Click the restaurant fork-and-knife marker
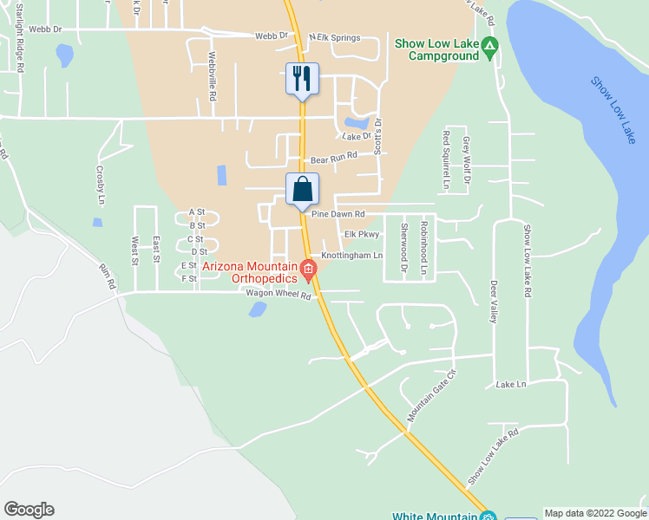pyautogui.click(x=302, y=79)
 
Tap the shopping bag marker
pyautogui.click(x=302, y=189)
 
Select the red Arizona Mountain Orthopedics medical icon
pyautogui.click(x=308, y=272)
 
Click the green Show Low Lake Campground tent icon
pyautogui.click(x=490, y=44)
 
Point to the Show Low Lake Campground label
pyautogui.click(x=436, y=49)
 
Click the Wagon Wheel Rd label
pyautogui.click(x=278, y=295)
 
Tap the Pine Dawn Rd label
pyautogui.click(x=338, y=214)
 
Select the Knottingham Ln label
pyautogui.click(x=351, y=256)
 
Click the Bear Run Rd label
pyautogui.click(x=334, y=158)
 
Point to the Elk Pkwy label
pyautogui.click(x=363, y=234)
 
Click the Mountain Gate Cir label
pyautogui.click(x=431, y=396)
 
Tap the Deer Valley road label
pyautogui.click(x=493, y=301)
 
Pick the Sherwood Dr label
pyautogui.click(x=403, y=249)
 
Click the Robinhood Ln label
pyautogui.click(x=424, y=249)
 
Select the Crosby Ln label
pyautogui.click(x=101, y=179)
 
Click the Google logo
pyautogui.click(x=29, y=510)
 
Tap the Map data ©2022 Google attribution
pyautogui.click(x=595, y=513)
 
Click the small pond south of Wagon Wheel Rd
pyautogui.click(x=258, y=309)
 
